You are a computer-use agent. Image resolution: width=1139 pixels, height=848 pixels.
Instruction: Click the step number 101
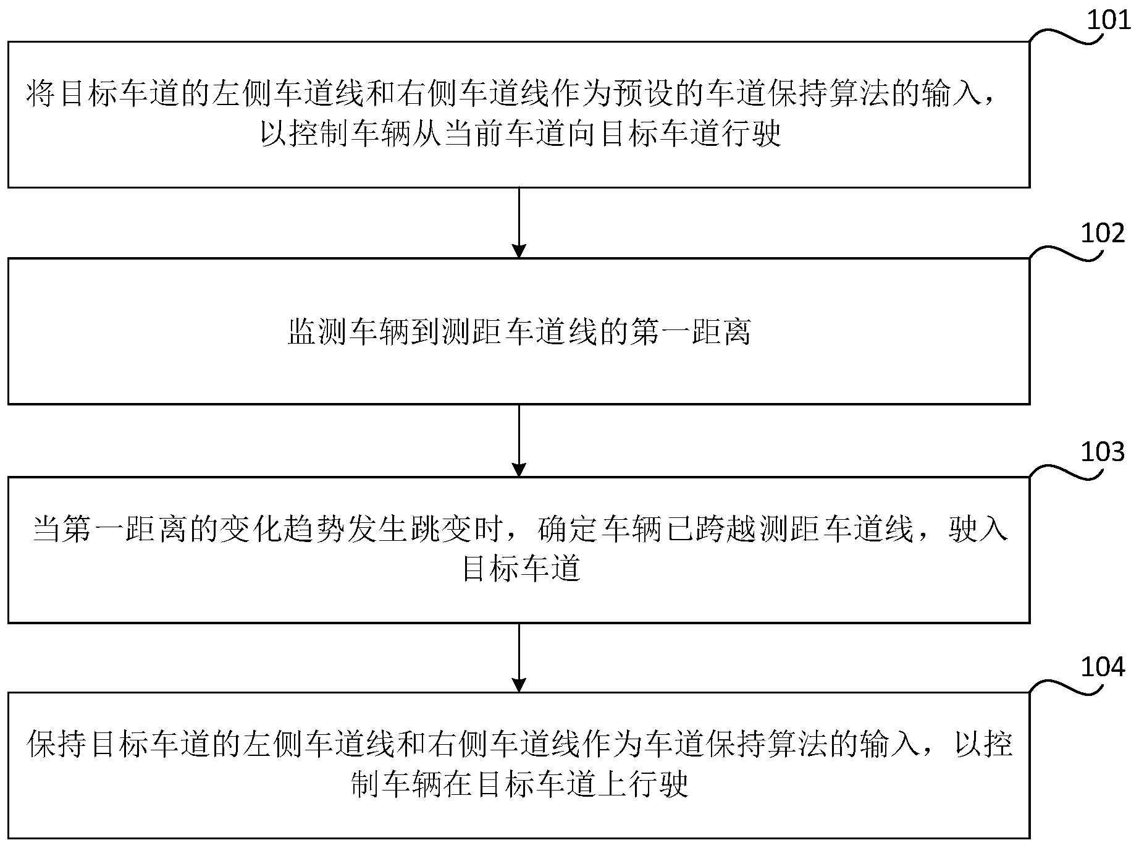[1109, 20]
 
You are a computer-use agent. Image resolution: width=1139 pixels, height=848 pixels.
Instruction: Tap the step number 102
[1103, 234]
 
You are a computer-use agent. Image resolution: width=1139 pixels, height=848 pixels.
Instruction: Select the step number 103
[1103, 452]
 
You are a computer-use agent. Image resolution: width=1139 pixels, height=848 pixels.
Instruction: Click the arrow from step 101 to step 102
[519, 223]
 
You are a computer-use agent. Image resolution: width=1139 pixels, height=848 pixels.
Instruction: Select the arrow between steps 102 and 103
[519, 440]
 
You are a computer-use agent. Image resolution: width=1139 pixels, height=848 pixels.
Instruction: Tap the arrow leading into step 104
[519, 658]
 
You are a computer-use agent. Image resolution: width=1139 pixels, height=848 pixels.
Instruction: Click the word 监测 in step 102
[319, 333]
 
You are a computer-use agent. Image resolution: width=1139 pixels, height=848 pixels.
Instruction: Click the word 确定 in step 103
[569, 530]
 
